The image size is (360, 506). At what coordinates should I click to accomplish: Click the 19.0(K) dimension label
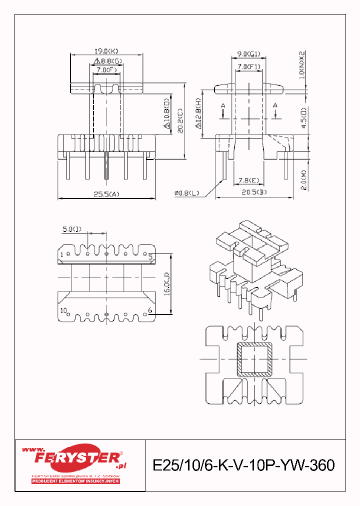[x=106, y=51]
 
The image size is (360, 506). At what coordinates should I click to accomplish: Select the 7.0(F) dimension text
[x=106, y=70]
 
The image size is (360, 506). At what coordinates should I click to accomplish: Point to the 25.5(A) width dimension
[x=106, y=194]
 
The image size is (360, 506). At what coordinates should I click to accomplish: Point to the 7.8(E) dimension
[x=248, y=180]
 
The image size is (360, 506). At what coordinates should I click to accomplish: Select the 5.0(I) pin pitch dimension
[x=73, y=229]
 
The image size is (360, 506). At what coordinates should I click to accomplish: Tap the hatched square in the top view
[x=255, y=359]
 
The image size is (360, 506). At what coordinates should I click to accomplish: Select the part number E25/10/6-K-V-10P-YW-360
[x=243, y=465]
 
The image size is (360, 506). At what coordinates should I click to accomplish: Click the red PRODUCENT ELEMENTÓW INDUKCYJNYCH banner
[x=75, y=481]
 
